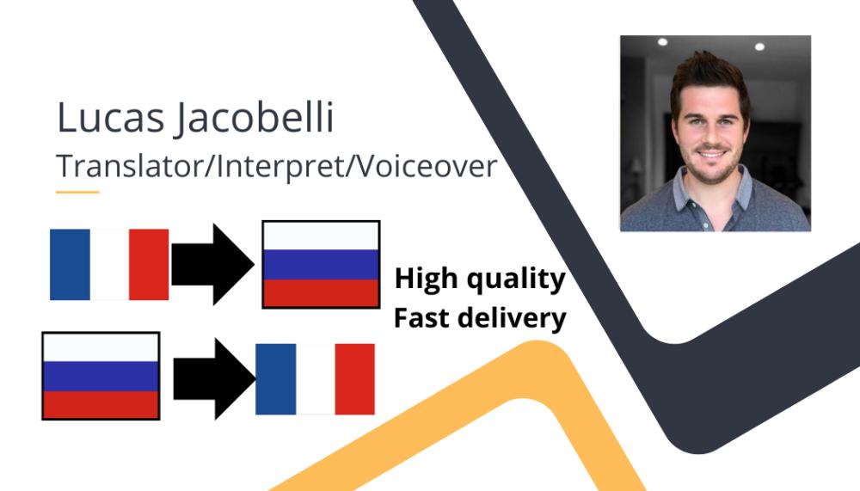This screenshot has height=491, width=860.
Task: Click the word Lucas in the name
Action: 111,117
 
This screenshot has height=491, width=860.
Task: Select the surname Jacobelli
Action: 255,119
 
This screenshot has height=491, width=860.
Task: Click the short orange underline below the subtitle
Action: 77,192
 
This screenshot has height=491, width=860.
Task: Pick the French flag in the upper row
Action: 109,265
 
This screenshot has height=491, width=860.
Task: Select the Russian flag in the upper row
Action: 321,265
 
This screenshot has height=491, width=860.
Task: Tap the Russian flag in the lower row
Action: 101,376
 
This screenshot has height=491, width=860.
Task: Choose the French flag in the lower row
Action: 316,379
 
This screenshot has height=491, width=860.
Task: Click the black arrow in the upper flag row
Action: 212,265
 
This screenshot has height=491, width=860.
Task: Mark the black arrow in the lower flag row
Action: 214,378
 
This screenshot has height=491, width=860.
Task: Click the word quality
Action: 515,279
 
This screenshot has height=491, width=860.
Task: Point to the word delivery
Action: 513,318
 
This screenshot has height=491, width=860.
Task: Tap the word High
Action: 427,279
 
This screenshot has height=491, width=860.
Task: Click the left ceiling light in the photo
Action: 662,42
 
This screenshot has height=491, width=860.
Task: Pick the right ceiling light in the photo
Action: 759,46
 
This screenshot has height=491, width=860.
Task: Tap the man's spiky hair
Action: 709,77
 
